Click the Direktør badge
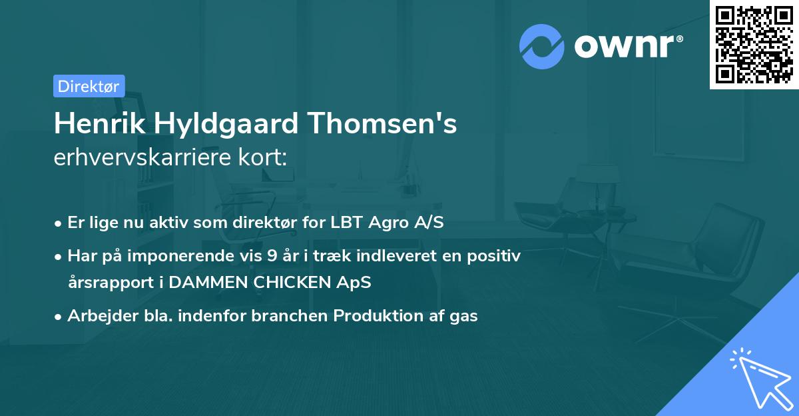tap(89, 86)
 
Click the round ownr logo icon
tap(542, 46)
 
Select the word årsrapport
tap(107, 282)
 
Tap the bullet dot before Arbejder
tap(59, 317)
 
